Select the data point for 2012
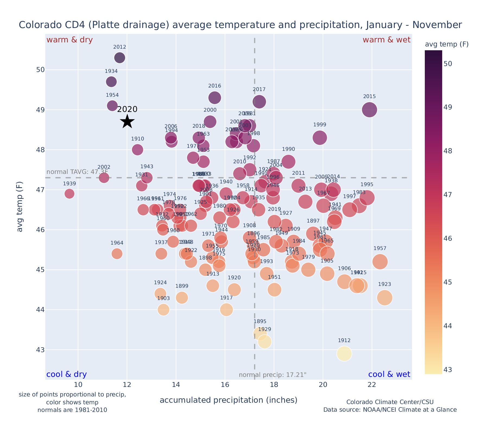coord(120,58)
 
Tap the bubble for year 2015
coord(369,110)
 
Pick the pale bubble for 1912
coord(344,354)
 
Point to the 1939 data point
coord(69,194)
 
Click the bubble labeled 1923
coord(384,298)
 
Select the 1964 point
coord(117,254)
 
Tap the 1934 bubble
coord(111,82)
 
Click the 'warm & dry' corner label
coord(70,40)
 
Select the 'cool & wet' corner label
coord(389,374)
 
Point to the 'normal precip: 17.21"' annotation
coord(273,375)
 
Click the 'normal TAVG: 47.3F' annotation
coord(77,172)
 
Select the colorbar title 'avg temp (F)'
coord(447,44)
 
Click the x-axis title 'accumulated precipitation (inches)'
coord(228,400)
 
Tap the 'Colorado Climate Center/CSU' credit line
coord(390,402)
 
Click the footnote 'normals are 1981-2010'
coord(72,410)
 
